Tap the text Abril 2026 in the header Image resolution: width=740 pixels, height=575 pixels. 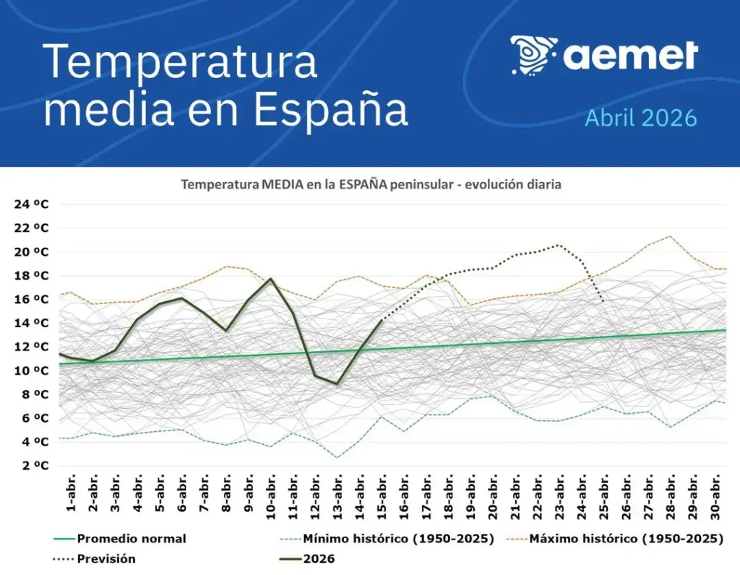point(640,117)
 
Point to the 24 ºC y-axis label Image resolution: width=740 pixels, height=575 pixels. point(31,204)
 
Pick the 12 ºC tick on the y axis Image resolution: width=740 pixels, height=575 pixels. point(31,347)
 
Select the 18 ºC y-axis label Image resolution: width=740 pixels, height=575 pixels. point(31,276)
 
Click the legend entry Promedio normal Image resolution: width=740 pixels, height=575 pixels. point(131,539)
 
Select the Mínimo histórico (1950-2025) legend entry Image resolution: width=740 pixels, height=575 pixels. point(398,539)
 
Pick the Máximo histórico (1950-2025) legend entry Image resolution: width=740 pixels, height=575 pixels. point(626,539)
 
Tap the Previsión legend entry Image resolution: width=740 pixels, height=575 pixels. point(106,558)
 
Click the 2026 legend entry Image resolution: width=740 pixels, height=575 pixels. point(319,558)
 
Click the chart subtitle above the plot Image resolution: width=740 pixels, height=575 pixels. point(371,185)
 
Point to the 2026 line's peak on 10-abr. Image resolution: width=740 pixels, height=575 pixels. point(271,279)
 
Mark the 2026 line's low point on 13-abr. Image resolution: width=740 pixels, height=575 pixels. point(337,384)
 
